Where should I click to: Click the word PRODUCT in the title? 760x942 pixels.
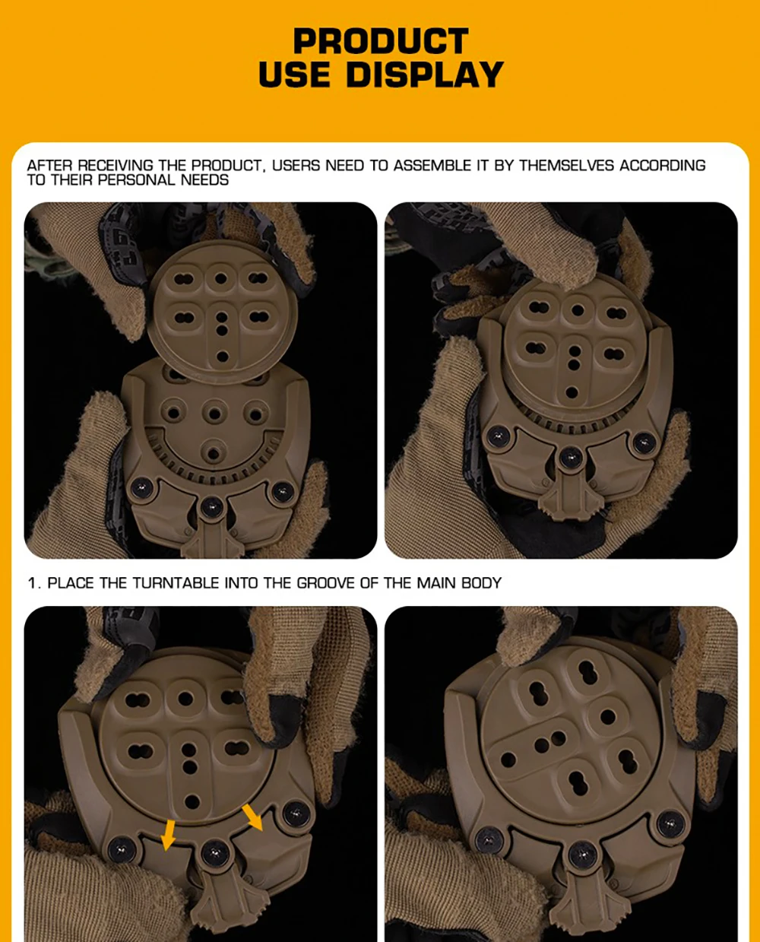point(381,41)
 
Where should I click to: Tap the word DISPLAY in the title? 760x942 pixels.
point(425,75)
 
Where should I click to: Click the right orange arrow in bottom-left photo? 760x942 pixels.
point(252,817)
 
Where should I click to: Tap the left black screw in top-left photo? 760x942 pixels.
point(141,488)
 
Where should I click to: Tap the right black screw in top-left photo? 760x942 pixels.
point(282,492)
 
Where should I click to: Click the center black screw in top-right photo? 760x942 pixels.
point(571,458)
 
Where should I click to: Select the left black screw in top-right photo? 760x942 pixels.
point(499,436)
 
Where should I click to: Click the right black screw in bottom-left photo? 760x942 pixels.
point(296,814)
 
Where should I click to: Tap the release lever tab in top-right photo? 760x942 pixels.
point(568,496)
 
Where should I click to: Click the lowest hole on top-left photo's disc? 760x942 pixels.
point(223,357)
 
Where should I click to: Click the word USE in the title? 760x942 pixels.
point(294,75)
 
